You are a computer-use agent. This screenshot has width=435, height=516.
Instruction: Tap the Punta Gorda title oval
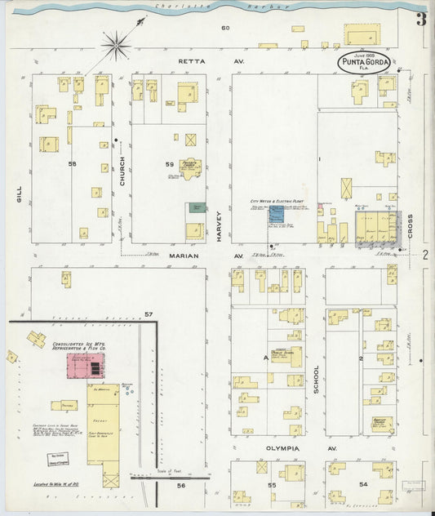(365, 63)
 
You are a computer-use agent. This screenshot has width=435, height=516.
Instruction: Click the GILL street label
(18, 193)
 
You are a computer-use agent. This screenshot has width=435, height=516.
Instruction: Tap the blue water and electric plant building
(277, 214)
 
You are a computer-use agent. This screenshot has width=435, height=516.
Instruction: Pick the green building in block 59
(196, 208)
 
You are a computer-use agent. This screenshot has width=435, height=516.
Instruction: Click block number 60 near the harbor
(225, 29)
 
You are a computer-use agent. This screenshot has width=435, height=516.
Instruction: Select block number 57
(149, 314)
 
